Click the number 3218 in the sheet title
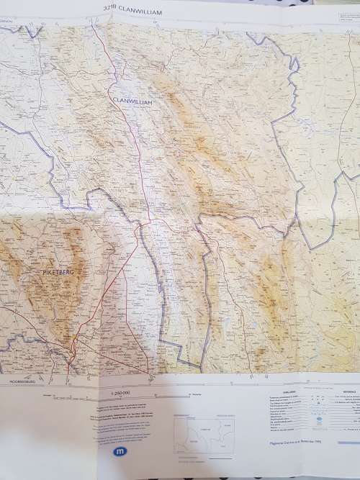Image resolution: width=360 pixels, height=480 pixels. pyautogui.click(x=109, y=9)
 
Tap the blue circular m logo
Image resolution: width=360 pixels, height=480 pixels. pyautogui.click(x=119, y=452)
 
